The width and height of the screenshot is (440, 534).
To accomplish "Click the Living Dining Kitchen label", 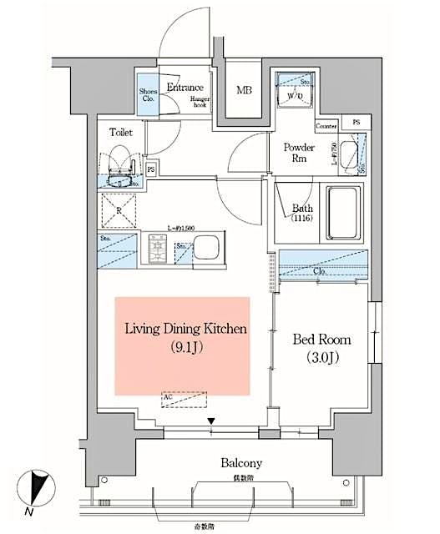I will click(x=185, y=329).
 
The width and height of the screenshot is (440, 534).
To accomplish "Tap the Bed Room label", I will click(x=321, y=340).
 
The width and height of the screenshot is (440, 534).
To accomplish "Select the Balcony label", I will click(x=241, y=462).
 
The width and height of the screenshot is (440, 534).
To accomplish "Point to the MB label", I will click(x=244, y=90).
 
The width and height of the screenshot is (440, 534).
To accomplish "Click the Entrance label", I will click(x=185, y=88).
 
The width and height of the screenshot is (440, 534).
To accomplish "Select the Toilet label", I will click(x=121, y=131).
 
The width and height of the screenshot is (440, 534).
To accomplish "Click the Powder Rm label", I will click(x=298, y=154).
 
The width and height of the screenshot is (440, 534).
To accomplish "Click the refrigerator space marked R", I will click(x=119, y=210).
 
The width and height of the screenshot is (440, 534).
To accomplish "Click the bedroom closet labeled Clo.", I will click(x=321, y=264).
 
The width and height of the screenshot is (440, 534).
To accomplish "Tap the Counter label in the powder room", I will click(x=326, y=126).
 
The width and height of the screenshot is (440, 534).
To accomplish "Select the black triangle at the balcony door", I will click(x=212, y=421).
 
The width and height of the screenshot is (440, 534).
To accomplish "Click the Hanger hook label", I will click(x=197, y=103).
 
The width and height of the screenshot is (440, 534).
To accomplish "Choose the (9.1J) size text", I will click(x=182, y=348).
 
